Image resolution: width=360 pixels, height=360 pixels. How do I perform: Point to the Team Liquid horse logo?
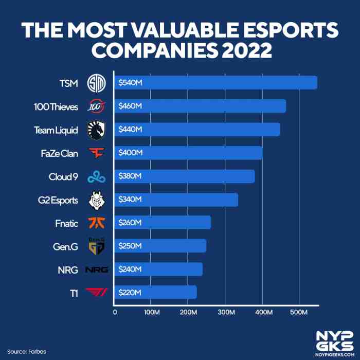point(96,130)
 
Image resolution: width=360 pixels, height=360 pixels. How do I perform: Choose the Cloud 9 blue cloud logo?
point(96,176)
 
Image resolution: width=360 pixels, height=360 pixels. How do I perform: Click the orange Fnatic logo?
point(96,223)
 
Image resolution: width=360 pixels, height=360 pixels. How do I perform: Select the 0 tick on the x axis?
point(115,312)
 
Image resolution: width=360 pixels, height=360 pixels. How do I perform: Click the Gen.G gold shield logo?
point(96,246)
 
